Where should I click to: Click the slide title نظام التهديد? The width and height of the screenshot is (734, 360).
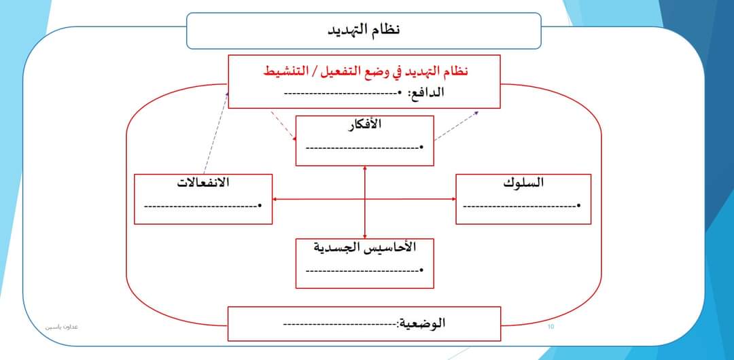pyautogui.click(x=364, y=30)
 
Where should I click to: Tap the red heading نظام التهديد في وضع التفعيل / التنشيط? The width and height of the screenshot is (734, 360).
pyautogui.click(x=366, y=71)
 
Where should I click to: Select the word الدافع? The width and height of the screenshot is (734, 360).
pyautogui.click(x=427, y=92)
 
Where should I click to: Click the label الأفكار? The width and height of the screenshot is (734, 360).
pyautogui.click(x=365, y=125)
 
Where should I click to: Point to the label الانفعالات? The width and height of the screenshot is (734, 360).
pyautogui.click(x=203, y=183)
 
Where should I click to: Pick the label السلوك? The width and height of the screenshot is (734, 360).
pyautogui.click(x=523, y=183)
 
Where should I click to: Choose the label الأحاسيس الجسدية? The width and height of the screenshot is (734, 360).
pyautogui.click(x=365, y=247)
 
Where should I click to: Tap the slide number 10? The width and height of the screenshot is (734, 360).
pyautogui.click(x=550, y=327)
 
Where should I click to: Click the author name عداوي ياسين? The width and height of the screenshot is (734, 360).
pyautogui.click(x=62, y=327)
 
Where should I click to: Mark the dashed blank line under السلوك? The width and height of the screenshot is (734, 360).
pyautogui.click(x=519, y=204)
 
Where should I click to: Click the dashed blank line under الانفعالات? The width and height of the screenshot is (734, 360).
pyautogui.click(x=200, y=204)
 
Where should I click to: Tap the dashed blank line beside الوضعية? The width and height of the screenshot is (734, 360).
pyautogui.click(x=340, y=324)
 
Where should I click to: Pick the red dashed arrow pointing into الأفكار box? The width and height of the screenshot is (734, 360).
pyautogui.click(x=283, y=126)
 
